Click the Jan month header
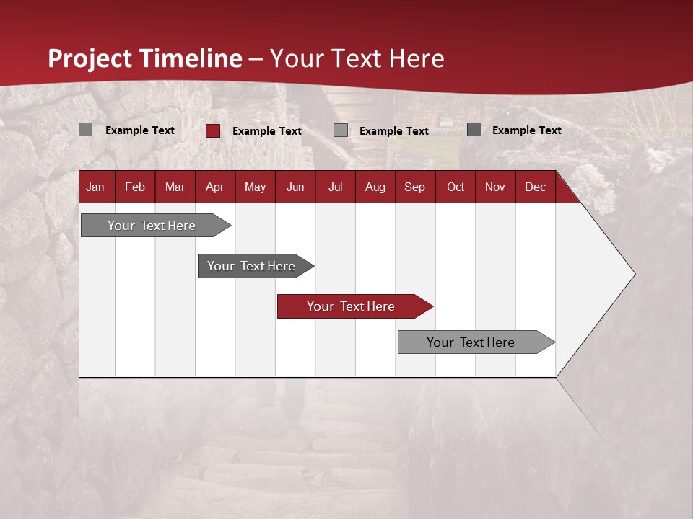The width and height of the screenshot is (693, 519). pos(95,187)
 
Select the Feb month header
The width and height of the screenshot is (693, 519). pos(135,187)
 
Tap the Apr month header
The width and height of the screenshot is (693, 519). pos(214,187)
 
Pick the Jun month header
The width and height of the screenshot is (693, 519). pos(295,187)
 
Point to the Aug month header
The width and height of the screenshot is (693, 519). pos(375,187)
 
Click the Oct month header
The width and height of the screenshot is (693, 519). pos(455,187)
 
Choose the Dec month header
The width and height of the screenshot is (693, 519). pos(535,187)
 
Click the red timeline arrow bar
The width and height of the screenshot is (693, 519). pos(351,306)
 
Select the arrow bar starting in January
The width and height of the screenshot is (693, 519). pos(152,226)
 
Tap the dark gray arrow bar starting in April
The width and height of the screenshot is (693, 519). pos(251,266)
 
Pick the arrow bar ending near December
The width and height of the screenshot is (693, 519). pos(471,342)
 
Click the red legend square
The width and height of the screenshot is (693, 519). pos(212,130)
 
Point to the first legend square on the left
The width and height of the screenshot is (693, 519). pos(85,130)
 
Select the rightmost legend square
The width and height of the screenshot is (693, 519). pos(474,130)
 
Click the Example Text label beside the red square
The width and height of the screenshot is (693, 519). pos(266,131)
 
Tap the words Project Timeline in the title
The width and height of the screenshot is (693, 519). pos(144,58)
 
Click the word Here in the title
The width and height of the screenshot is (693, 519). pos(417,58)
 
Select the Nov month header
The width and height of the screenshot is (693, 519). pos(494,187)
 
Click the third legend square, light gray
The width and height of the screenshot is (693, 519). pos(341,130)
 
